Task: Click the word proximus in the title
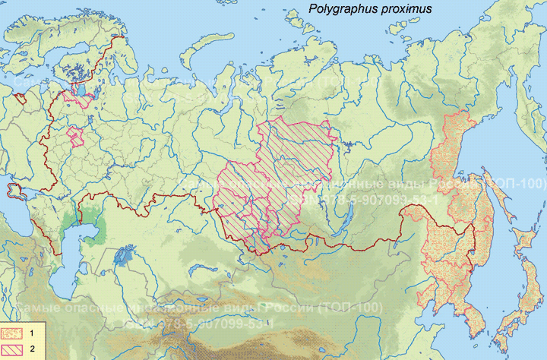[406, 10]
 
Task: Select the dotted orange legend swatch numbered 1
[12, 333]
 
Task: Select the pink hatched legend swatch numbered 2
[12, 348]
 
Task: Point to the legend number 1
[33, 333]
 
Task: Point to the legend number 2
[33, 348]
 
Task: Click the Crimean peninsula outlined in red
[13, 190]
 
